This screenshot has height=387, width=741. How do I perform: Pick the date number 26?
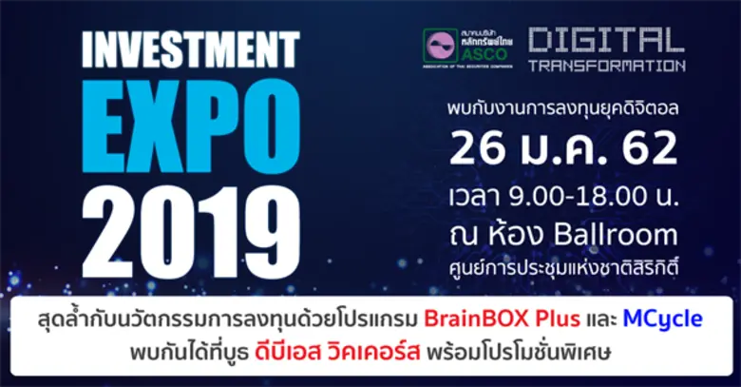(x=480, y=149)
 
